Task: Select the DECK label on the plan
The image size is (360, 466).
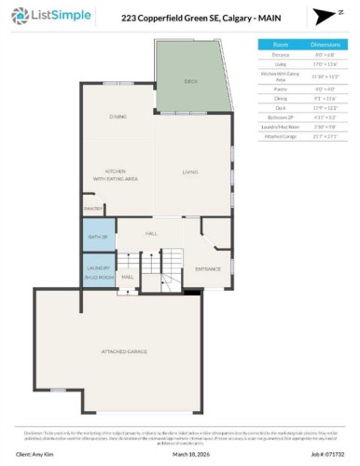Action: (x=190, y=82)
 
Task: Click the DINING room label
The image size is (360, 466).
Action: (x=118, y=116)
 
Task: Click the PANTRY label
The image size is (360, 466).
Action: (x=93, y=209)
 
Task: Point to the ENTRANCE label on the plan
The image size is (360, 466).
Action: (x=207, y=269)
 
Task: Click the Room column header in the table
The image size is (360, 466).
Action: (x=280, y=44)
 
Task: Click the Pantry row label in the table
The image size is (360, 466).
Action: (x=280, y=89)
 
